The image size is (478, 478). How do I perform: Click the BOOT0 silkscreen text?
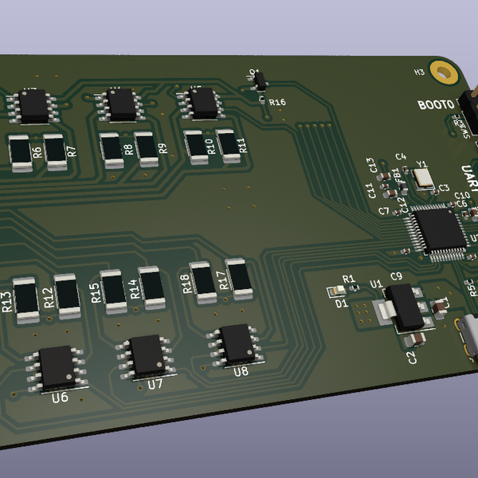click(435, 104)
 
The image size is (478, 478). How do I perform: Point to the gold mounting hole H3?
click(441, 72)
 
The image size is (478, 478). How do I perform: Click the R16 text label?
click(277, 102)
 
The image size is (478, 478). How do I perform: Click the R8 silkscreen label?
click(128, 148)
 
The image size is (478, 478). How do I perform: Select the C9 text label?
click(394, 276)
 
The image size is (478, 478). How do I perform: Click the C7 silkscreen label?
click(383, 211)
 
